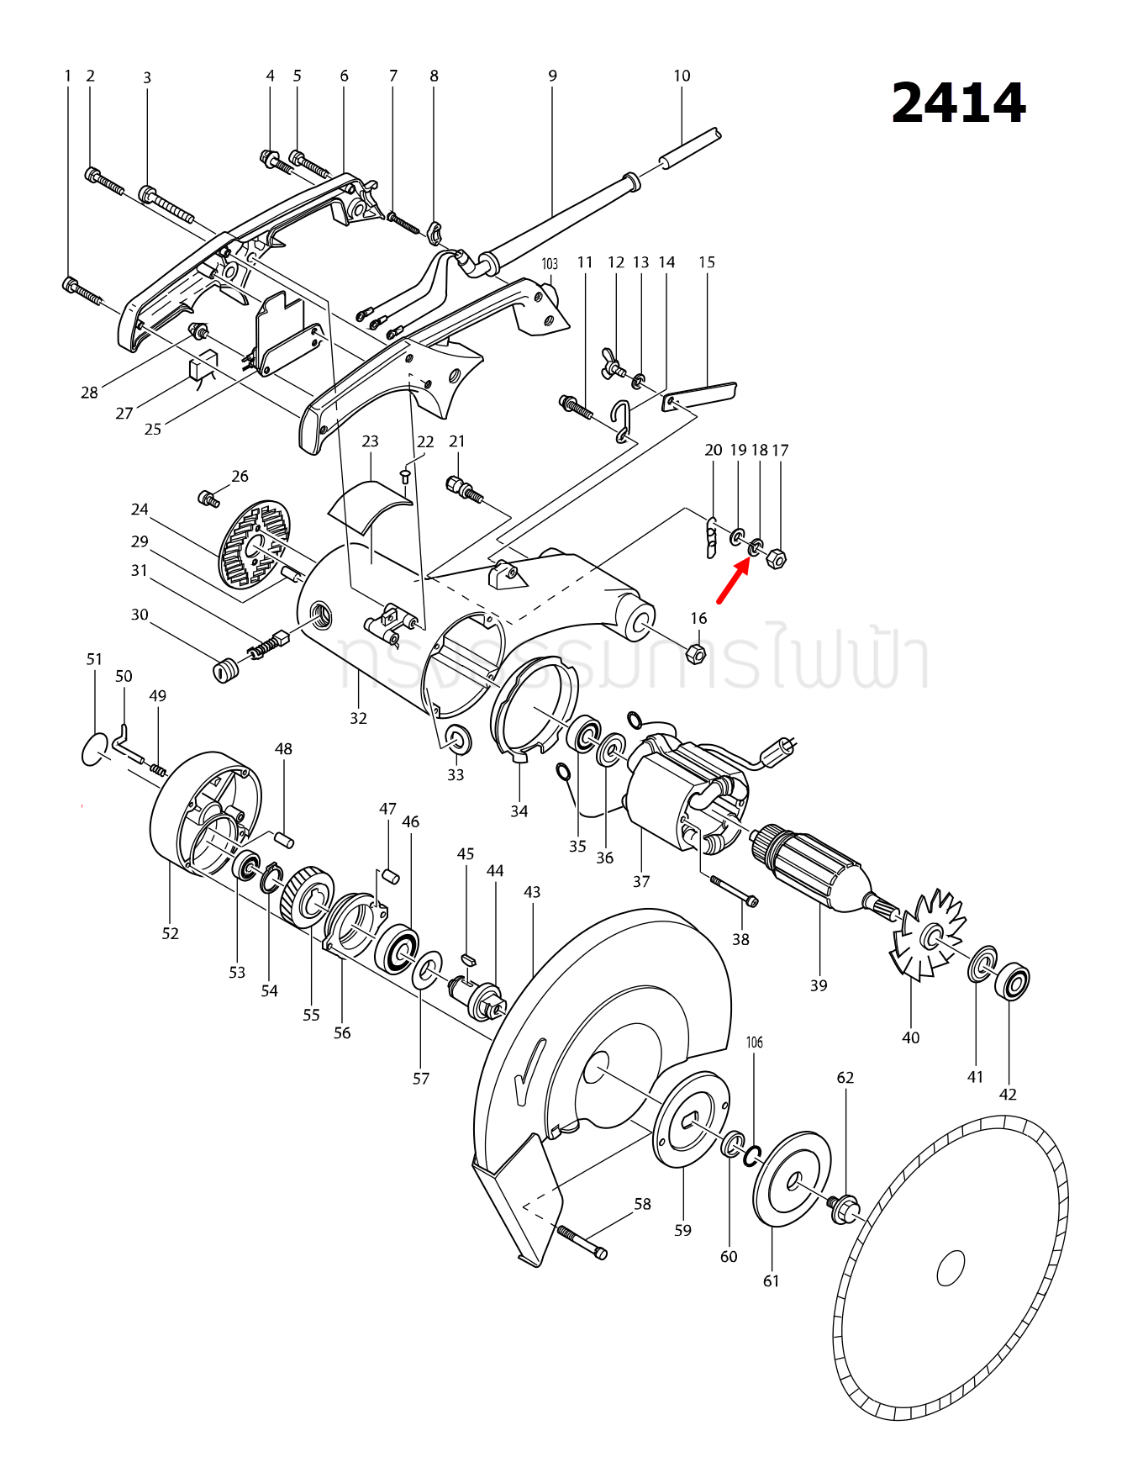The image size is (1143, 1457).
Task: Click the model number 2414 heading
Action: [x=958, y=103]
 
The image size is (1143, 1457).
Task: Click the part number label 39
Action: [x=819, y=985]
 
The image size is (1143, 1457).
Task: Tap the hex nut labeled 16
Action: [x=696, y=652]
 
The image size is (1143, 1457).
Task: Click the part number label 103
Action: [x=550, y=264]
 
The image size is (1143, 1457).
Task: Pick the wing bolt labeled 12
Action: [x=614, y=363]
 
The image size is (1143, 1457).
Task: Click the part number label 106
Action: [x=755, y=1043]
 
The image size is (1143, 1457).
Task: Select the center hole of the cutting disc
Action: [x=951, y=1268]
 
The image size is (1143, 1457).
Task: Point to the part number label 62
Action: [x=845, y=1078]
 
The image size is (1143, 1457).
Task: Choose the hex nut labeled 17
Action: [x=777, y=558]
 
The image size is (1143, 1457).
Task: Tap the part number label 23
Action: [x=370, y=441]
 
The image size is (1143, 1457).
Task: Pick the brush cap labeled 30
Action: [x=223, y=670]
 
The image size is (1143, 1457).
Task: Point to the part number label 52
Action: [x=170, y=933]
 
